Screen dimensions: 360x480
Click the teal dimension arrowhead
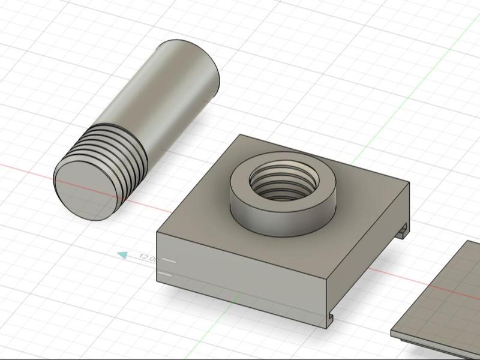122,255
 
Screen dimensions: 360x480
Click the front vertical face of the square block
240,270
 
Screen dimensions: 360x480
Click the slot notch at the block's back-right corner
403,229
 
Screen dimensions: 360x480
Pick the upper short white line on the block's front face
169,261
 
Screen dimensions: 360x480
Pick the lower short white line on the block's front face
167,275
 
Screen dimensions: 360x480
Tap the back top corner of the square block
240,135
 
